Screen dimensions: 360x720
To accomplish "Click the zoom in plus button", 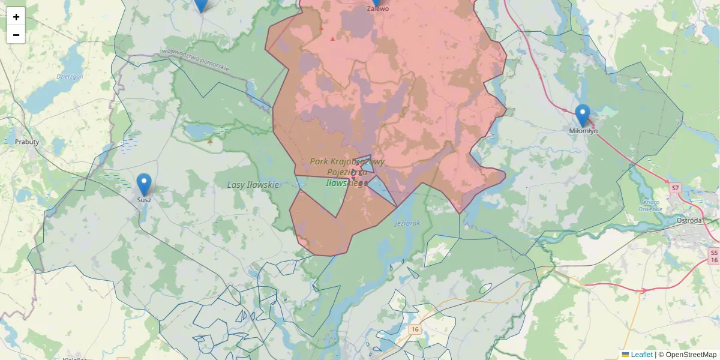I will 16,17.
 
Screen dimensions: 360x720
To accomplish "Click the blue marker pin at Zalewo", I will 377,2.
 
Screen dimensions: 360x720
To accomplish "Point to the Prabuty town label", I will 27,142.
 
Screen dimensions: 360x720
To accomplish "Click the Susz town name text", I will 144,200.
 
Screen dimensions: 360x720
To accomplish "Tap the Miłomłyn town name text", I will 583,131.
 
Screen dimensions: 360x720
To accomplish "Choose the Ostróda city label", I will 689,220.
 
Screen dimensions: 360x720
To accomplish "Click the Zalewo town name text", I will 378,9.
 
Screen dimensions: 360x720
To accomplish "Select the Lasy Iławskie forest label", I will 254,185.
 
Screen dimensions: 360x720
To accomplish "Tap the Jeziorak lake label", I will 408,223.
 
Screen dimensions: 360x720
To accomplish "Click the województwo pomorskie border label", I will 196,60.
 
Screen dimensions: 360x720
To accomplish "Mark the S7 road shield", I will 676,188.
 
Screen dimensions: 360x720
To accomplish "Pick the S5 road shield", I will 713,252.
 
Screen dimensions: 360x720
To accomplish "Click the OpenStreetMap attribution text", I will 691,355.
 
